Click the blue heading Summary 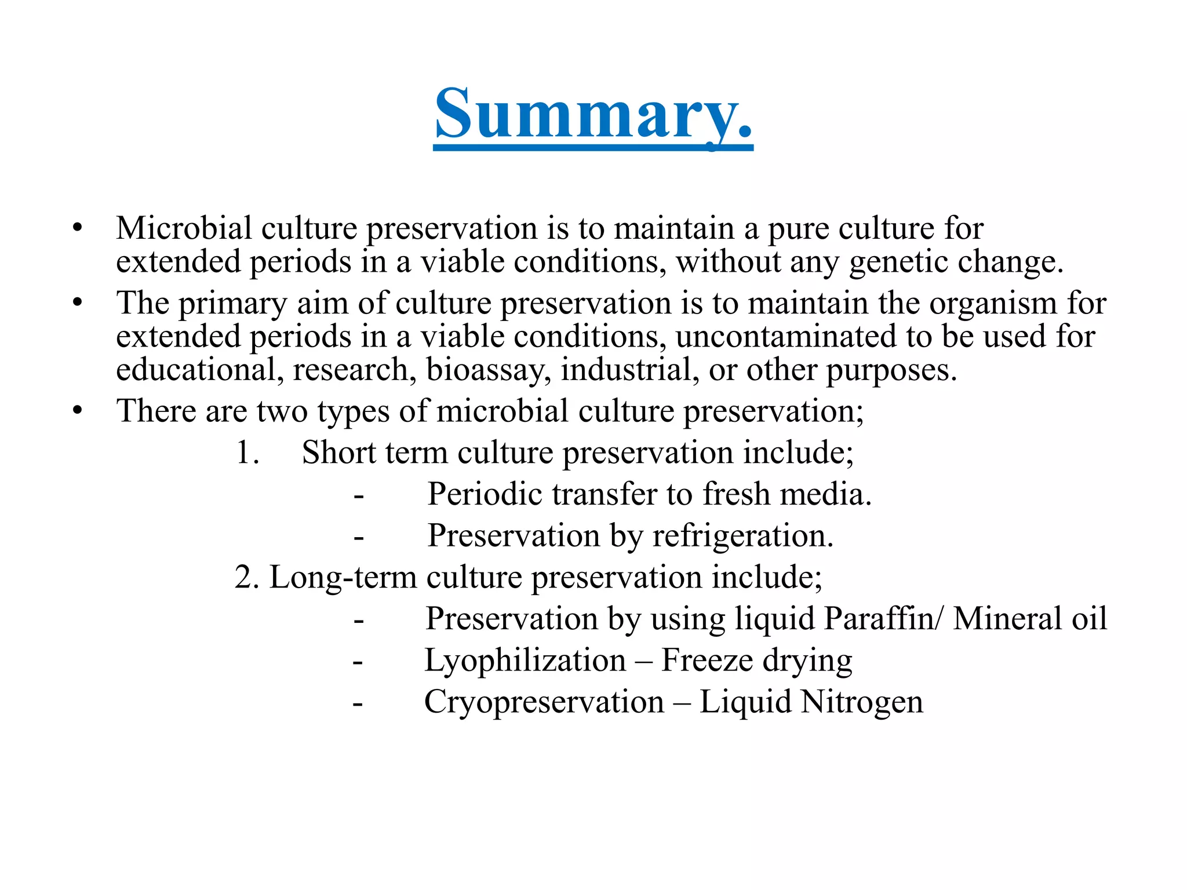[x=593, y=114]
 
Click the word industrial [x=630, y=370]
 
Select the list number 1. [x=247, y=453]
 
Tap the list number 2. [x=246, y=577]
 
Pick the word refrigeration [x=742, y=536]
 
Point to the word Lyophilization [x=525, y=661]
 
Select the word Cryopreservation [x=544, y=702]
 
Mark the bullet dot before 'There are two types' [x=78, y=411]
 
